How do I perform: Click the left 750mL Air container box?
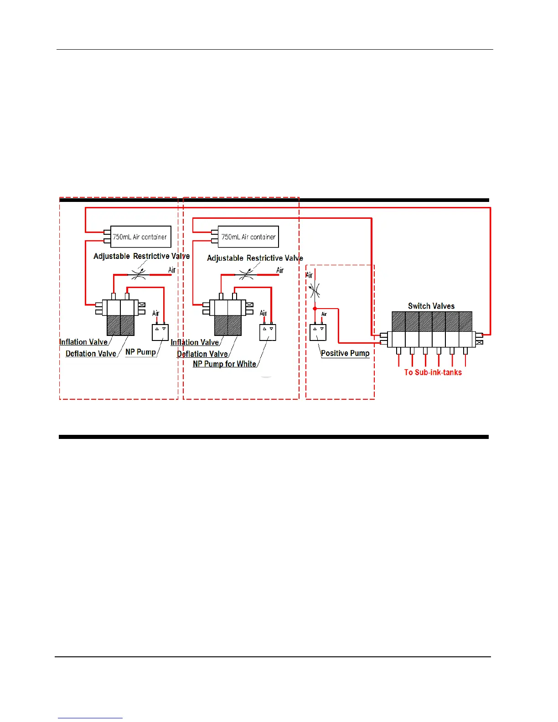[x=141, y=237]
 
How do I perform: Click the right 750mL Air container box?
[x=248, y=237]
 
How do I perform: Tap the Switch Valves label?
[x=431, y=306]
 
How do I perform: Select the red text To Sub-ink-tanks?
[x=433, y=372]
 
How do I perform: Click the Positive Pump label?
[x=345, y=353]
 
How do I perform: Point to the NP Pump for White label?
[x=224, y=364]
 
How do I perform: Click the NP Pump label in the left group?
[x=140, y=352]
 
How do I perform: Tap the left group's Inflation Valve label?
[x=83, y=342]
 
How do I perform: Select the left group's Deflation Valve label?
[x=91, y=354]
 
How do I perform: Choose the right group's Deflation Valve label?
[x=202, y=354]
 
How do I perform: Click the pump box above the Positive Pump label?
[x=318, y=332]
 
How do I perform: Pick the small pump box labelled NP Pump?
[x=160, y=332]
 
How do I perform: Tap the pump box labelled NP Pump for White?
[x=268, y=332]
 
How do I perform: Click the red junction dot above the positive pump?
[x=315, y=309]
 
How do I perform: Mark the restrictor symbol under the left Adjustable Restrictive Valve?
[x=139, y=274]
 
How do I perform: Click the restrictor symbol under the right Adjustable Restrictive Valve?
[x=246, y=275]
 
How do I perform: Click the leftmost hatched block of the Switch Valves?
[x=398, y=322]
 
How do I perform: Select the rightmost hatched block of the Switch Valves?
[x=465, y=322]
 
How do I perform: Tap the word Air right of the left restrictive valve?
[x=172, y=270]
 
